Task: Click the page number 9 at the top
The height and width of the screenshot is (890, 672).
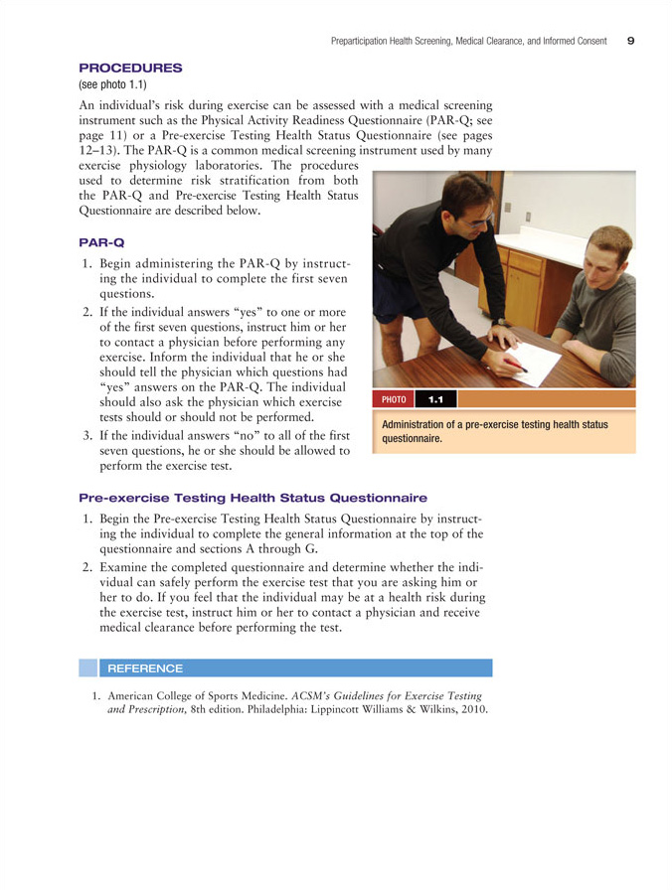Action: (631, 41)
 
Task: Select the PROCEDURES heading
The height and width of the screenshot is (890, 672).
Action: (130, 68)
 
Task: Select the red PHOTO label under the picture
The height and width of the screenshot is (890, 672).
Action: (394, 399)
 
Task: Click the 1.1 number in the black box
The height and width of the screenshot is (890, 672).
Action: (435, 399)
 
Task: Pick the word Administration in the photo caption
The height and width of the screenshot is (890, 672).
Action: (415, 424)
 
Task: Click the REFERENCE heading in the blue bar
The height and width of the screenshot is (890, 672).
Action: (145, 668)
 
